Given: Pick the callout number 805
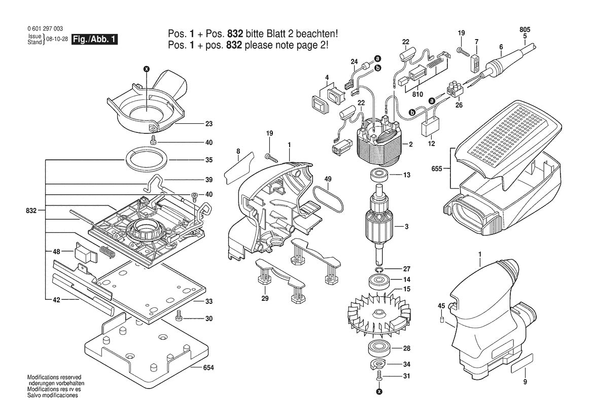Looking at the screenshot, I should [x=524, y=29].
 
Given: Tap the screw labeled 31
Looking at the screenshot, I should [x=379, y=376].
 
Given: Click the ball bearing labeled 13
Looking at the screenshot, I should [x=378, y=176].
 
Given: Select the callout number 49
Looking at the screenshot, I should [x=328, y=179].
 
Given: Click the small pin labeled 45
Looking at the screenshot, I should [x=442, y=319].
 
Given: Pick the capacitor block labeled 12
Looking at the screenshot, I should [x=431, y=125].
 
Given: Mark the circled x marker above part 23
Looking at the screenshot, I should [x=147, y=68].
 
